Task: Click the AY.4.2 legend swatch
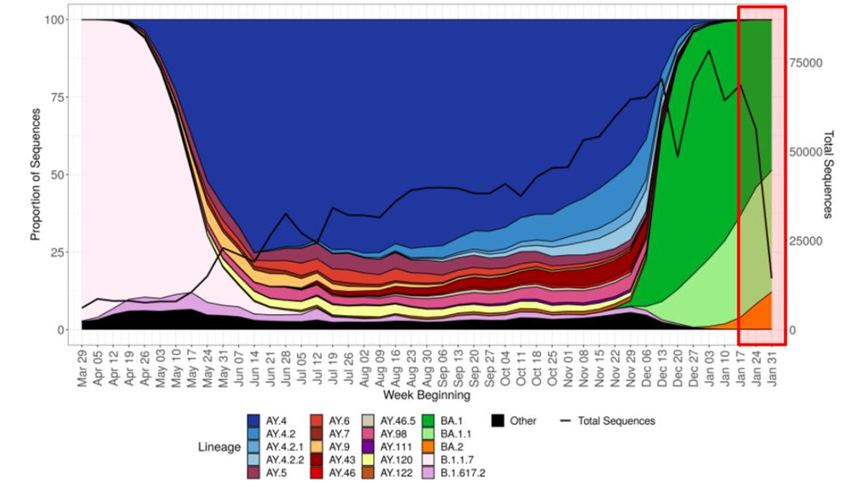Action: tap(254, 434)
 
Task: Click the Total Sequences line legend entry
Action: tap(568, 421)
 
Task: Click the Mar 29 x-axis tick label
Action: tap(82, 369)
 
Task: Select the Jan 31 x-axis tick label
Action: tap(773, 369)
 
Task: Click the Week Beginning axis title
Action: tap(425, 396)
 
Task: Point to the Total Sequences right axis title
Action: tap(828, 175)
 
